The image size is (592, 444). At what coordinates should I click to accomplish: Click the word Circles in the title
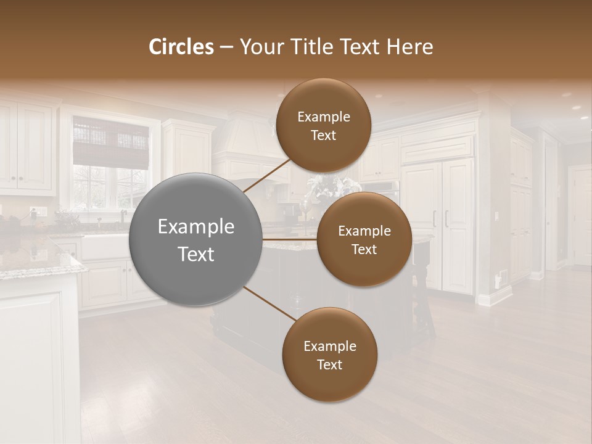pyautogui.click(x=181, y=47)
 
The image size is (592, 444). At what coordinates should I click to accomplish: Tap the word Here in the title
pyautogui.click(x=409, y=47)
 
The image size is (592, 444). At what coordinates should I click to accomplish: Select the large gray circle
pyautogui.click(x=195, y=239)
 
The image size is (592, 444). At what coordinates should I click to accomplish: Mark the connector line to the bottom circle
pyautogui.click(x=269, y=303)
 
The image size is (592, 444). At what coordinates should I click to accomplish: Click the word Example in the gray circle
pyautogui.click(x=195, y=227)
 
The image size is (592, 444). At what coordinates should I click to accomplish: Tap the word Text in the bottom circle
pyautogui.click(x=329, y=364)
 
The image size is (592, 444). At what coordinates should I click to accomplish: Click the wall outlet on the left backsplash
pyautogui.click(x=33, y=212)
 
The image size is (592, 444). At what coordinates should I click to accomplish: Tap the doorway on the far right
pyautogui.click(x=580, y=216)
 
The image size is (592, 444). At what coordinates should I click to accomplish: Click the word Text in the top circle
pyautogui.click(x=323, y=136)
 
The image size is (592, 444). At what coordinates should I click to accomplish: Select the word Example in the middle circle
pyautogui.click(x=364, y=231)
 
